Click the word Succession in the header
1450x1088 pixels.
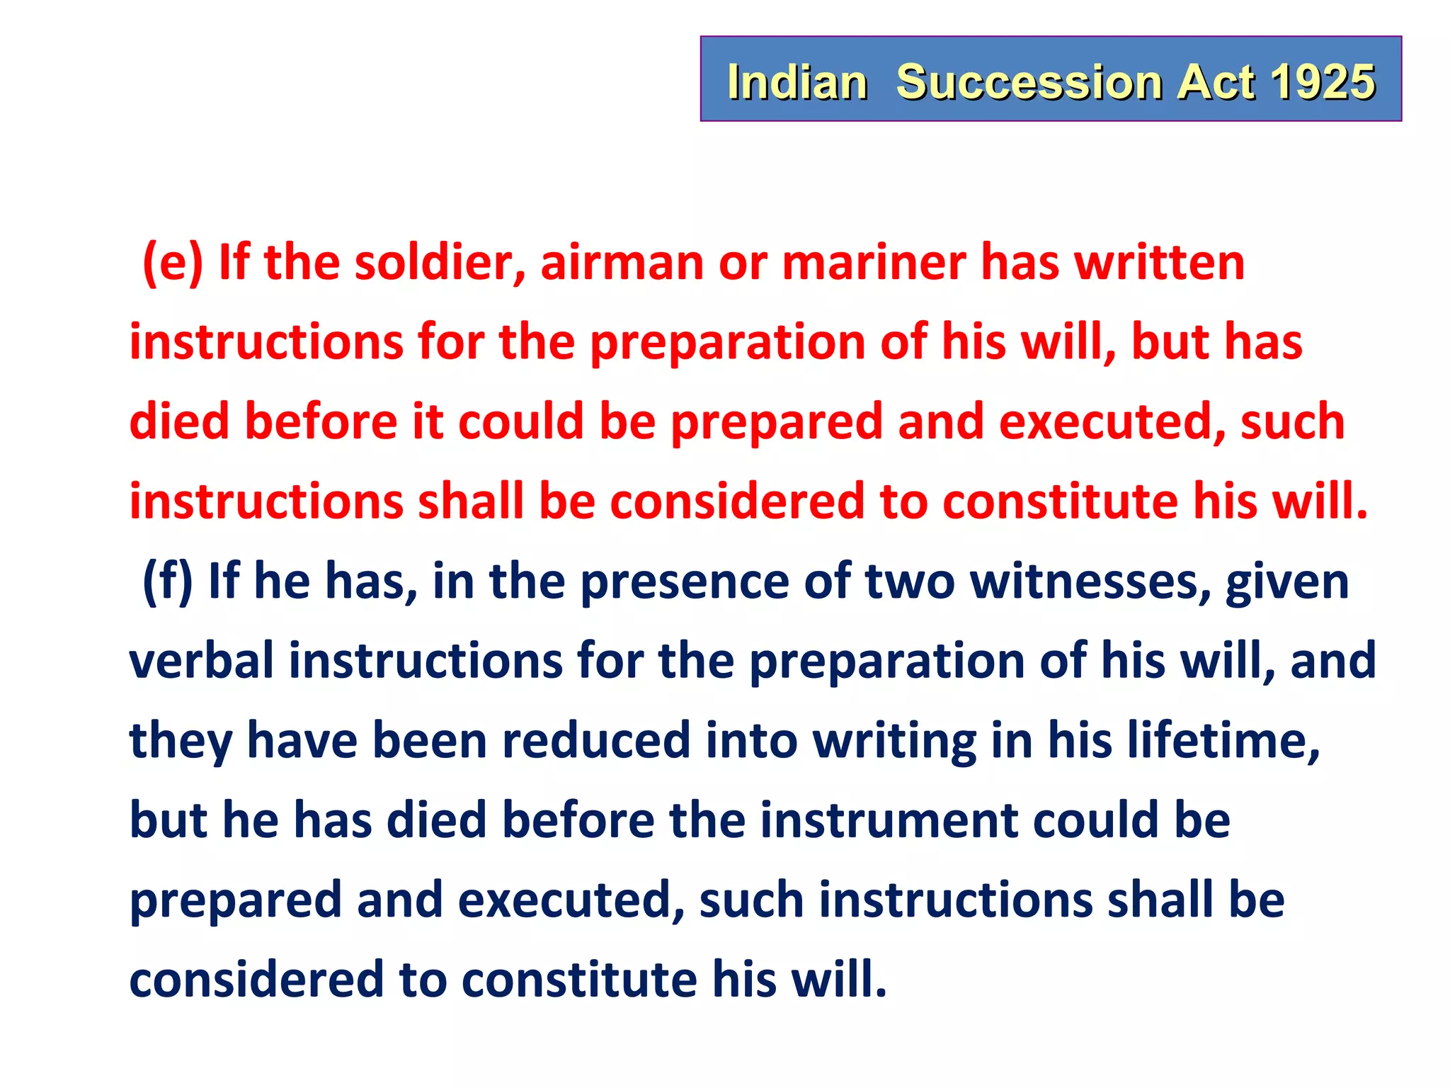tap(1029, 82)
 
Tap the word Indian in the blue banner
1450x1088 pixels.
tap(797, 82)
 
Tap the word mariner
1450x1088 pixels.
tap(874, 262)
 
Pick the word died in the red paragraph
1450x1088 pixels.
tap(179, 421)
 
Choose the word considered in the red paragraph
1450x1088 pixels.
tap(737, 501)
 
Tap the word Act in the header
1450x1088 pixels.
tap(1216, 82)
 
